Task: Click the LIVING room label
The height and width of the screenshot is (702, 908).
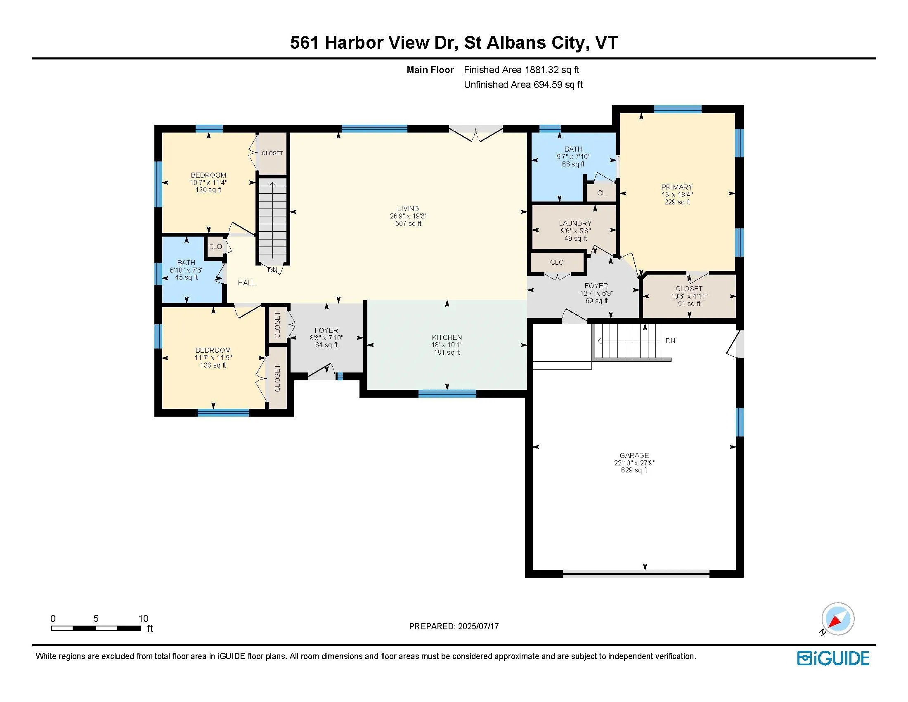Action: coord(408,209)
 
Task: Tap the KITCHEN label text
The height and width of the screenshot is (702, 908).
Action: coord(447,337)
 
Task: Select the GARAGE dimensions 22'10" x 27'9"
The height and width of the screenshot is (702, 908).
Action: coord(634,463)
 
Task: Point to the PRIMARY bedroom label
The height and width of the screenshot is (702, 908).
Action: coord(677,187)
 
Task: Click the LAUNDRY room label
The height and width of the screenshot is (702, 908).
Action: coord(575,223)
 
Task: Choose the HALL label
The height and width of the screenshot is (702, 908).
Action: coord(246,283)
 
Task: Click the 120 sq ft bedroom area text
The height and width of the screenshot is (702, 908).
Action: coord(208,190)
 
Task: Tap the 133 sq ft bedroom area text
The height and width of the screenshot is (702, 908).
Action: coord(213,365)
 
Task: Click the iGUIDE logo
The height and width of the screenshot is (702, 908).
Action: coord(833,658)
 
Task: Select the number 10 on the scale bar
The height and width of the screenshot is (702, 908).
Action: coord(144,619)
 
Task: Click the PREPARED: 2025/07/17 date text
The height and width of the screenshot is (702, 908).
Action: coord(454,626)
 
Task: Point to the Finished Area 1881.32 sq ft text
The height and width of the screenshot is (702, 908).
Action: coord(521,70)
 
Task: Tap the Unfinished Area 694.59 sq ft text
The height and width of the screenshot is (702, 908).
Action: coord(523,85)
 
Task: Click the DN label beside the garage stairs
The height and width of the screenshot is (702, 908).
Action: coord(670,341)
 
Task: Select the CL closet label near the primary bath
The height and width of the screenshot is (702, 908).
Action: coord(601,193)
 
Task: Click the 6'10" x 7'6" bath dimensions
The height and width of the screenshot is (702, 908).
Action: coord(186,270)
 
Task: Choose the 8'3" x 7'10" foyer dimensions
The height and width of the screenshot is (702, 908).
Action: coord(326,338)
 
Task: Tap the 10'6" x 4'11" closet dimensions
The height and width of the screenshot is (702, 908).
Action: coord(689,296)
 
